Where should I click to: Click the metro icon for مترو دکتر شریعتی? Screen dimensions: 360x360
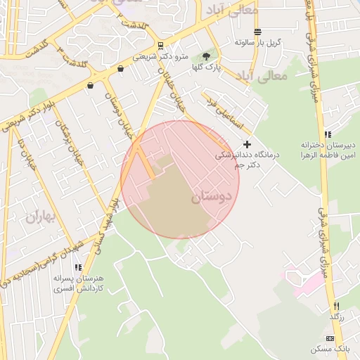(x=160, y=44)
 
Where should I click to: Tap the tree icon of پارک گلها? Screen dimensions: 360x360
(x=206, y=56)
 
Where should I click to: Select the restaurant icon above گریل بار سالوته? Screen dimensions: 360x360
(x=257, y=32)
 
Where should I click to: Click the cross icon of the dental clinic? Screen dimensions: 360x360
(x=247, y=144)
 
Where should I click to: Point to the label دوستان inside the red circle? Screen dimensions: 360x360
(x=210, y=198)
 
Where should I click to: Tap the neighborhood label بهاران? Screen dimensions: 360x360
(x=41, y=217)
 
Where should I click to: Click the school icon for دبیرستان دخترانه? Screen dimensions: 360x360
(x=327, y=134)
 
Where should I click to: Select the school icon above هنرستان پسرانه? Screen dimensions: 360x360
(x=78, y=267)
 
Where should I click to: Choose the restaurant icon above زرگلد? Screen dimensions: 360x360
(x=337, y=306)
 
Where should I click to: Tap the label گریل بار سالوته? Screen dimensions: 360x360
(x=258, y=42)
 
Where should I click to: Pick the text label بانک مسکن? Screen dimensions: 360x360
(x=333, y=349)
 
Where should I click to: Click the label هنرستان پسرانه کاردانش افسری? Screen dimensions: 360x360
(x=78, y=283)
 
